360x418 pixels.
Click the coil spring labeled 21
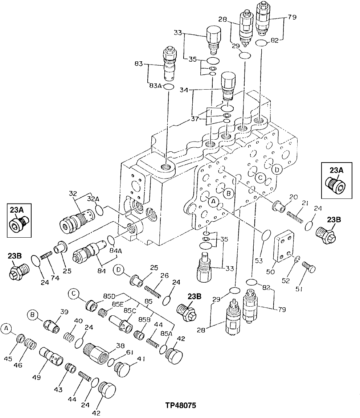[x=295, y=217]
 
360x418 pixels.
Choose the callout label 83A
[x=155, y=86]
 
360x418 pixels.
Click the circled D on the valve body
[x=277, y=169]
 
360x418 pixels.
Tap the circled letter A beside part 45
[x=6, y=329]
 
